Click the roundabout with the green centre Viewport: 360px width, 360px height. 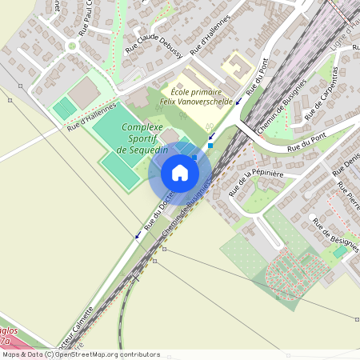[72, 46]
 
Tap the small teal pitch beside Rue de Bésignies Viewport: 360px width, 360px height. [341, 251]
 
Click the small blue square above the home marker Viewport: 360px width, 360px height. [210, 146]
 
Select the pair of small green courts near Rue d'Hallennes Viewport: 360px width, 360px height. [64, 110]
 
